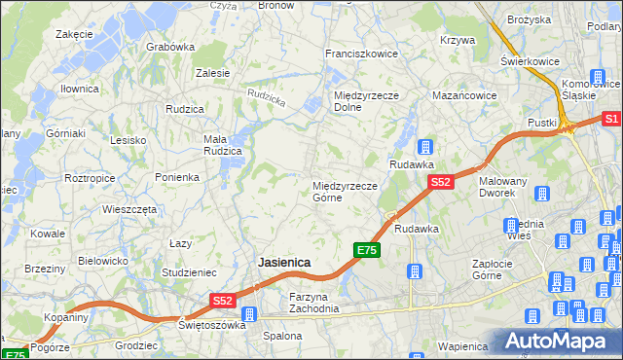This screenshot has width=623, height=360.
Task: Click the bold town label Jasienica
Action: [x=283, y=263]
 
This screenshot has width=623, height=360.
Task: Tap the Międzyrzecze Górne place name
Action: [x=344, y=192]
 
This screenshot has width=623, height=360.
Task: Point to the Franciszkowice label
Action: [x=361, y=54]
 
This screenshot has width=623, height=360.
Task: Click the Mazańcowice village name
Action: [x=464, y=96]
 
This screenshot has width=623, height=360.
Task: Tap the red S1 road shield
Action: [x=611, y=119]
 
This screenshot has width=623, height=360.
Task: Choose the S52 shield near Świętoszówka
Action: [x=223, y=302]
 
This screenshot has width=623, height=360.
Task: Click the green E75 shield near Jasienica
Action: [x=366, y=251]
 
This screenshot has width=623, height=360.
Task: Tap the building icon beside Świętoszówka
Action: [x=249, y=314]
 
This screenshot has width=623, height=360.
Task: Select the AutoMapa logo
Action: [x=559, y=341]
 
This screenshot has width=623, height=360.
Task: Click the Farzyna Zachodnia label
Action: [x=313, y=303]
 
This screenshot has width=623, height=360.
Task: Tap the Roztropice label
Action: [x=90, y=179]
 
